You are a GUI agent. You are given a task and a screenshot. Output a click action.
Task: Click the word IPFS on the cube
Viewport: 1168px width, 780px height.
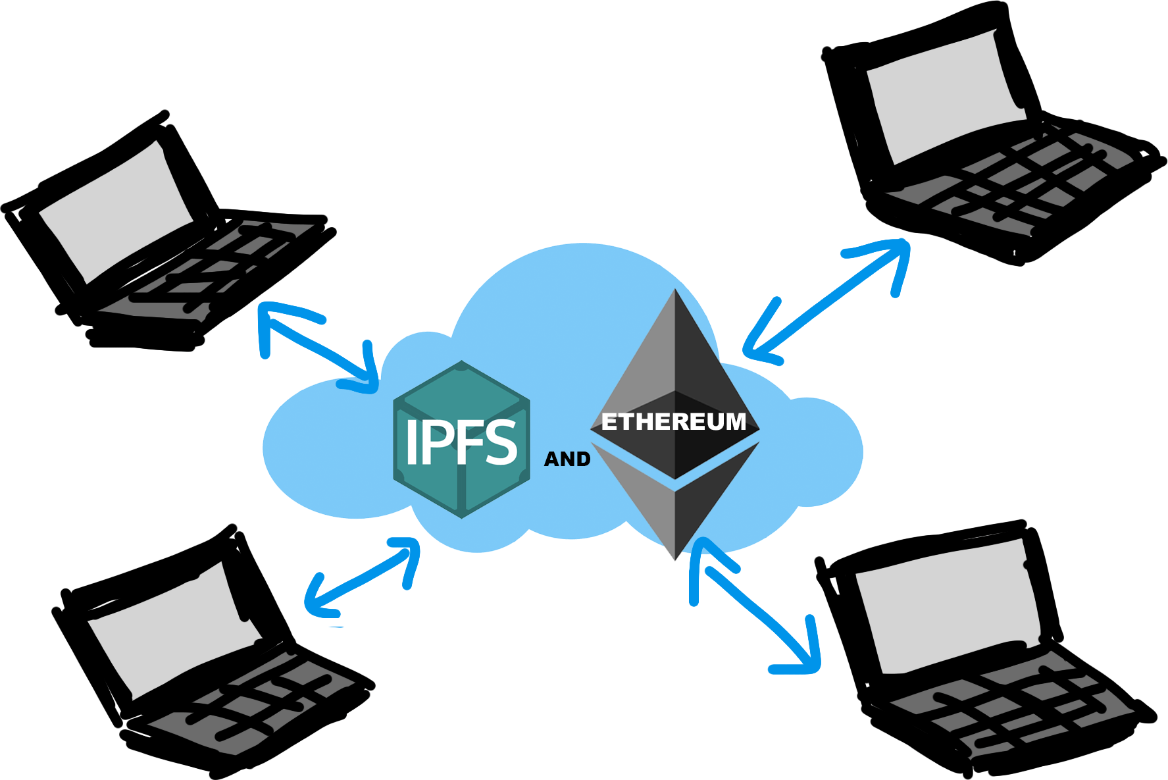(x=461, y=442)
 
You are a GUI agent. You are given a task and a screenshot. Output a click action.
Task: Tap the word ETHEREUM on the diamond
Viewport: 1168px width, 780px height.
(x=674, y=422)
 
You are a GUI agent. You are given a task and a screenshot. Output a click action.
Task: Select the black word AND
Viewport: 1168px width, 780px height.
(x=567, y=459)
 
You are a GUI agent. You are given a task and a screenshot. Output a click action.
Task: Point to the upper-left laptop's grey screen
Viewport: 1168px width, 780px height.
(x=115, y=211)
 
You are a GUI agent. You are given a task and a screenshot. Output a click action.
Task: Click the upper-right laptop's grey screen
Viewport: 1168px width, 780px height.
(x=944, y=99)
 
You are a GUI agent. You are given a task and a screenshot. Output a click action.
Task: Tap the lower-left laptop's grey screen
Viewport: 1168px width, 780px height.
(x=171, y=625)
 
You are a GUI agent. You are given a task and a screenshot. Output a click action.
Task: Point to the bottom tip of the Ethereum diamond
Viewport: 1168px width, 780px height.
(x=676, y=558)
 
